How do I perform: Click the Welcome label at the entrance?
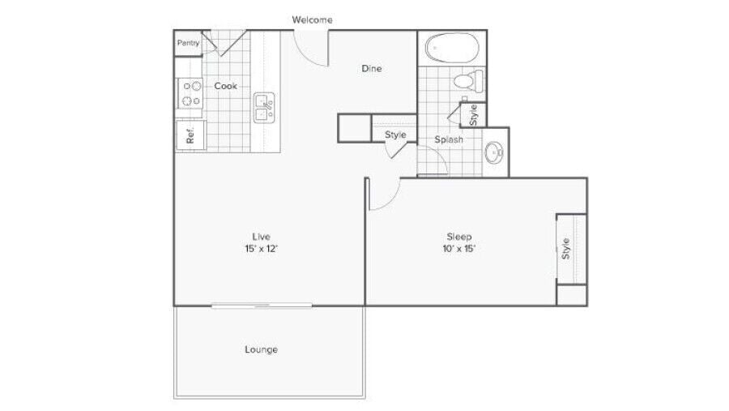[x=312, y=19]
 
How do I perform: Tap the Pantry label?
[x=188, y=43]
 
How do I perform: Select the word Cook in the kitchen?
[x=226, y=85]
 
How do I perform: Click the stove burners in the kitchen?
[x=191, y=92]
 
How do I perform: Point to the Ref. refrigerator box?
[x=191, y=135]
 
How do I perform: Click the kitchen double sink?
[x=264, y=107]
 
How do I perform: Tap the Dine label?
[x=371, y=69]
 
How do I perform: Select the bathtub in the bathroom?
[x=452, y=49]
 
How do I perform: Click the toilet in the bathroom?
[x=467, y=80]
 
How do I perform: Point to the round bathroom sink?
[x=493, y=151]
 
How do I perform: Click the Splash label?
[x=449, y=139]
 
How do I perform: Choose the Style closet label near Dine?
[x=395, y=135]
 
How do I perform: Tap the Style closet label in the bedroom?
[x=566, y=248]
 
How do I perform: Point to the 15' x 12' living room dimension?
[x=261, y=249]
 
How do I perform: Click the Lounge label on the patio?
[x=261, y=349]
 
